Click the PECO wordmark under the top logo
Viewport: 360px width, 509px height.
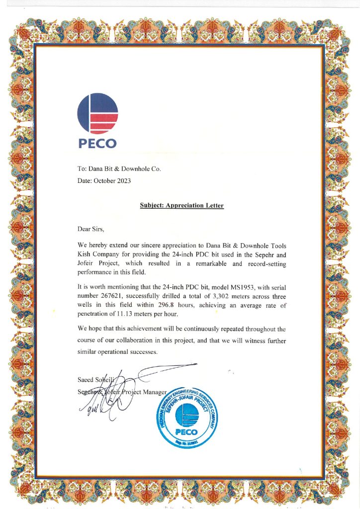point(97,143)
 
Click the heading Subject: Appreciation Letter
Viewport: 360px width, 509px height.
point(181,205)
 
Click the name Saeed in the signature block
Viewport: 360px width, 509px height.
point(87,380)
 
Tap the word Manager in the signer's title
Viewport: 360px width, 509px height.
point(156,392)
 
